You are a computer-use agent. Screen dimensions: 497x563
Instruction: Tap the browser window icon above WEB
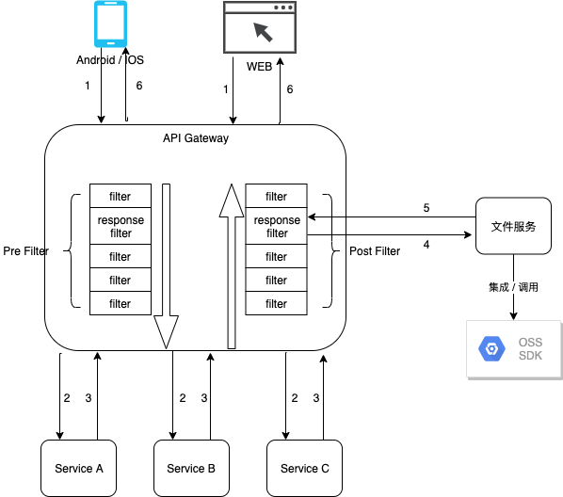[x=259, y=28]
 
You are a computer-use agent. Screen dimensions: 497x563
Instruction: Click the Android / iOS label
[x=110, y=60]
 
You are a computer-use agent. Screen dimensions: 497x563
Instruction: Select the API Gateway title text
[x=196, y=138]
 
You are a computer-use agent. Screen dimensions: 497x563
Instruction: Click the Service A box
[x=78, y=468]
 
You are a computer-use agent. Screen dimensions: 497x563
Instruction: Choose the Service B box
[x=191, y=468]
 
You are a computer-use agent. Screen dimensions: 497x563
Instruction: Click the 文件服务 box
[x=514, y=227]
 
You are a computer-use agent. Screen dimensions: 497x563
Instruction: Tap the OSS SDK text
[x=530, y=348]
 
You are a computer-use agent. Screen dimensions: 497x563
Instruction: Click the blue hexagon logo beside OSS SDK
[x=491, y=349]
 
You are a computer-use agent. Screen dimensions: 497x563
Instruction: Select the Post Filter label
[x=374, y=251]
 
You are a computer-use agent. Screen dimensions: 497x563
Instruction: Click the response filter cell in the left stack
[x=120, y=227]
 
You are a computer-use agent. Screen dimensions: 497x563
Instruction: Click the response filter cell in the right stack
[x=276, y=227]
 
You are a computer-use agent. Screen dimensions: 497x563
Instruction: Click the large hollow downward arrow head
[x=166, y=331]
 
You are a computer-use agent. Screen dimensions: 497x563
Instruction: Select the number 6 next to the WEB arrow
[x=289, y=89]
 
